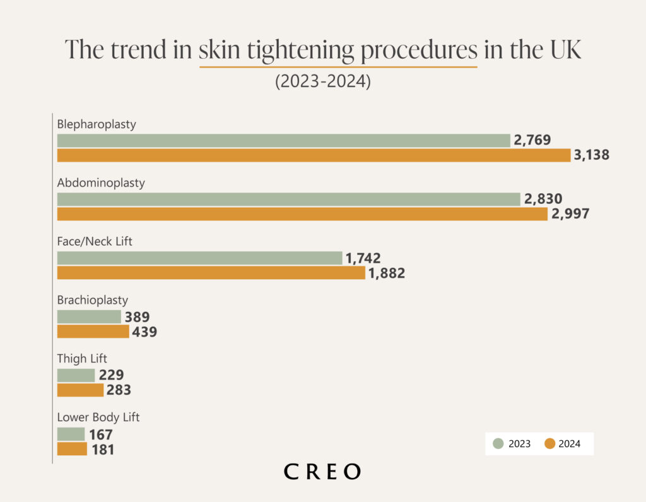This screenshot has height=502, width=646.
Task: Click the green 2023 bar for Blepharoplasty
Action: (x=283, y=140)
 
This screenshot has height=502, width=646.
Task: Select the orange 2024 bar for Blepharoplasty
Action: (x=314, y=155)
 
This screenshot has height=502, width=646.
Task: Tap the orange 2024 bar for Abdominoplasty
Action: (x=302, y=214)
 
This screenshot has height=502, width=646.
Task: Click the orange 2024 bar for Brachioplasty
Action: (x=93, y=332)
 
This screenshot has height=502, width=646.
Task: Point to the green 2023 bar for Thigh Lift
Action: (x=76, y=375)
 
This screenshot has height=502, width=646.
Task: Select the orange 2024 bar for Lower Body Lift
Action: (x=72, y=449)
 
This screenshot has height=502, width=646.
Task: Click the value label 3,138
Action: (x=592, y=155)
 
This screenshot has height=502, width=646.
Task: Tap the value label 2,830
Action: (x=543, y=199)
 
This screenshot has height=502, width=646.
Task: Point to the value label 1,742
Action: (x=363, y=258)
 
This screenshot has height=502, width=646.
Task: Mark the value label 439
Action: (x=144, y=332)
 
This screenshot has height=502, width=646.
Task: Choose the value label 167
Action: (x=101, y=434)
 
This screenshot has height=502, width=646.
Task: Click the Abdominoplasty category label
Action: (x=101, y=183)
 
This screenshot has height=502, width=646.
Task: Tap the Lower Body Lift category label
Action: (x=98, y=417)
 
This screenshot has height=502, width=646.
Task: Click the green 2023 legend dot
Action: (x=498, y=444)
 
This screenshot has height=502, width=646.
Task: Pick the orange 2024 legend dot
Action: (x=549, y=444)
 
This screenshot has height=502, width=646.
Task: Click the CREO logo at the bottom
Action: (x=322, y=471)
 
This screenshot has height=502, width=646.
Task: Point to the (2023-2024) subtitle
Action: (x=322, y=81)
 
